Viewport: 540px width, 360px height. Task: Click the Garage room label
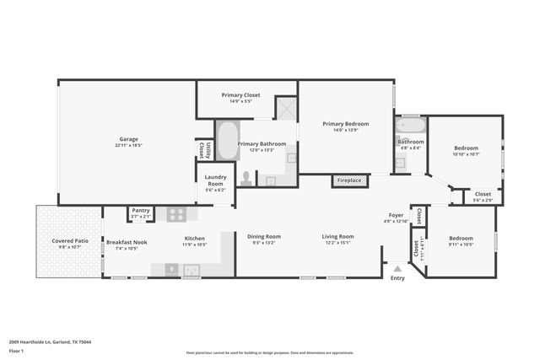click(x=128, y=139)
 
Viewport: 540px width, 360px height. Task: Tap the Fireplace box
click(x=349, y=180)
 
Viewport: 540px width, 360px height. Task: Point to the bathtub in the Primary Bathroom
click(x=226, y=141)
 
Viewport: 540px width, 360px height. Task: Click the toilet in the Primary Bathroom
click(x=246, y=178)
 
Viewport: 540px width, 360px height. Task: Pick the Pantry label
click(x=140, y=211)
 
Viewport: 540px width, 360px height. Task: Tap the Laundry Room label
click(x=215, y=180)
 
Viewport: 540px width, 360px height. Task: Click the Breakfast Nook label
click(x=127, y=242)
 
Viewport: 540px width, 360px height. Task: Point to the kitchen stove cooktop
click(x=176, y=214)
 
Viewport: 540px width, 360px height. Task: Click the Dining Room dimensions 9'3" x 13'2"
click(x=263, y=243)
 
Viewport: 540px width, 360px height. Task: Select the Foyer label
click(x=396, y=216)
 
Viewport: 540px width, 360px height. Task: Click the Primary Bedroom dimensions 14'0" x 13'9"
click(x=346, y=130)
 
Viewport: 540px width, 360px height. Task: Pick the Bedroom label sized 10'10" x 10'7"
click(x=466, y=148)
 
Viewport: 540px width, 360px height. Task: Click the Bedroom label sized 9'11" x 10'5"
click(x=461, y=238)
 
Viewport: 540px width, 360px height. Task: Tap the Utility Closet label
click(x=202, y=150)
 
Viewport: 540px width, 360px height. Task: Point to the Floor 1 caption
click(x=16, y=350)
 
